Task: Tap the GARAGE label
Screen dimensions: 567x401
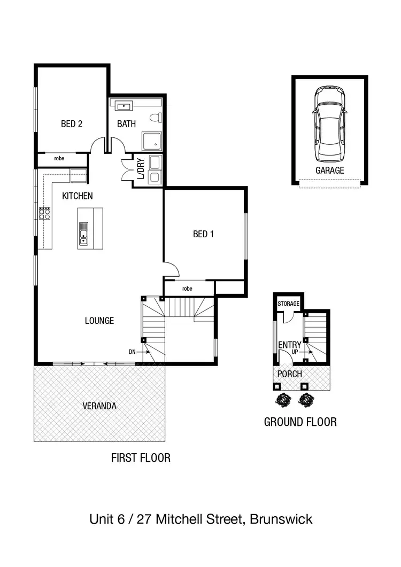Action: [x=329, y=170]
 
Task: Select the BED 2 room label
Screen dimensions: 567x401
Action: [x=72, y=124]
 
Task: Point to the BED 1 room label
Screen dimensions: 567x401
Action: [x=203, y=234]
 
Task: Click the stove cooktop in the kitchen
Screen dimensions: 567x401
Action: [x=45, y=214]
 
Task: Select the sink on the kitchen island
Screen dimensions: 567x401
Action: [x=83, y=233]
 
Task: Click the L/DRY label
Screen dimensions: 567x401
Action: [x=141, y=169]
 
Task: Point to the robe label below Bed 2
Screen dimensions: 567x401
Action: [x=59, y=159]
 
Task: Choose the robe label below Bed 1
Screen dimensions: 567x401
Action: [x=187, y=289]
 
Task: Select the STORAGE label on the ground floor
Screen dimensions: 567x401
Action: [x=288, y=304]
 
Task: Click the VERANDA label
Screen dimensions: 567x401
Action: [x=99, y=406]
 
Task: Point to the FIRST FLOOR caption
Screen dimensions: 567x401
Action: [x=141, y=457]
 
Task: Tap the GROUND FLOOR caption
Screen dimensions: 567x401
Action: [x=300, y=422]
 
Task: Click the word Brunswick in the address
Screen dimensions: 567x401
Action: [x=281, y=519]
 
